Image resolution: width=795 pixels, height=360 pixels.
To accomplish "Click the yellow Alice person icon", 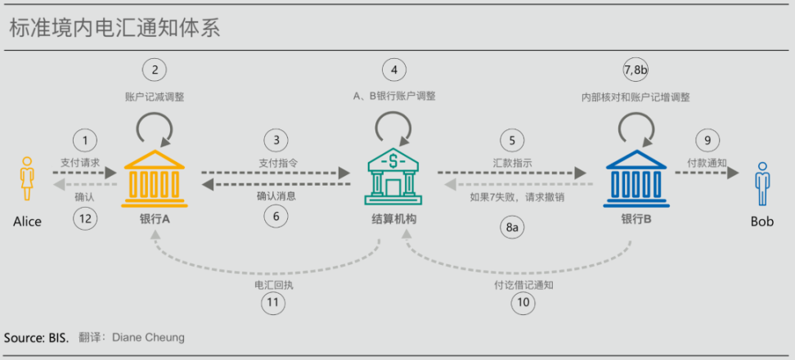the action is [x=26, y=178].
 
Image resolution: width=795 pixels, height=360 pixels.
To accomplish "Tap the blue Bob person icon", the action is [x=761, y=184].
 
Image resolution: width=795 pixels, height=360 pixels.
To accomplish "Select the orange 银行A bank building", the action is [x=155, y=179].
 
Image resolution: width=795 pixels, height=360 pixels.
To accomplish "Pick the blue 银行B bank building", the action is [x=636, y=179].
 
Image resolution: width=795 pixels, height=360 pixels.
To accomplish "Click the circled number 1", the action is [x=85, y=141].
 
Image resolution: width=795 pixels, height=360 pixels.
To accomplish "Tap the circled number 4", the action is [x=394, y=70].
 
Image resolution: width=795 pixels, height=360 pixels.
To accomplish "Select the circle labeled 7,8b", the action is [x=636, y=70].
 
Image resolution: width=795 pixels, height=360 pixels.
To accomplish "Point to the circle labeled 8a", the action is [x=512, y=228].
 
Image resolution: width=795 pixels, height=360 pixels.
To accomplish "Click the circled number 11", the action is [x=273, y=304].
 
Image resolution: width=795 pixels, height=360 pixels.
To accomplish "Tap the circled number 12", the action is [x=85, y=218].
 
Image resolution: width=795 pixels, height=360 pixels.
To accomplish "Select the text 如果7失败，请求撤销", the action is [x=517, y=198].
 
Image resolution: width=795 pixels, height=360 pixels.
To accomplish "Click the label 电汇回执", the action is [x=274, y=285].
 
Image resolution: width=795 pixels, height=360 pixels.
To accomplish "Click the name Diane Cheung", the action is [x=148, y=338].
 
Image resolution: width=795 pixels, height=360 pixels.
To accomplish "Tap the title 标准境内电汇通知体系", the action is [x=115, y=29].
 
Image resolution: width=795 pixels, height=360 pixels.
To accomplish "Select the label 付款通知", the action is [x=707, y=163].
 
